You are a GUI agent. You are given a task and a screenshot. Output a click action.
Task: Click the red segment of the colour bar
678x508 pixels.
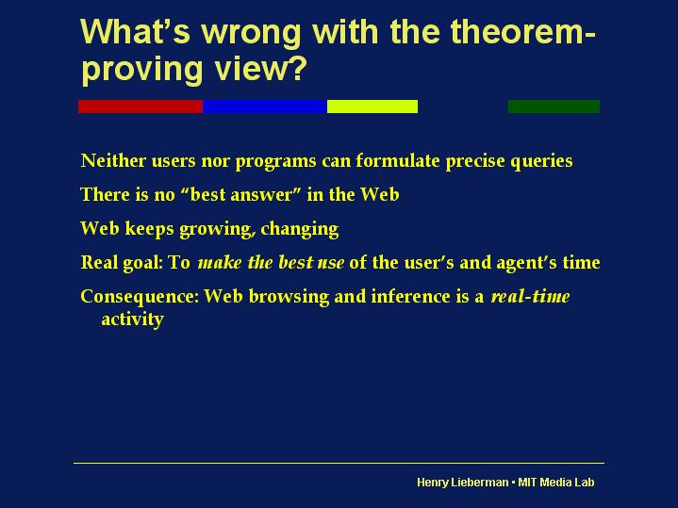coord(141,107)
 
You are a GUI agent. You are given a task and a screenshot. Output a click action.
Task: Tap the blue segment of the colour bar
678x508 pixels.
coord(265,107)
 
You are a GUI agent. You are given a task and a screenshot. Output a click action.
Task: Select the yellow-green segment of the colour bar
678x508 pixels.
coord(372,107)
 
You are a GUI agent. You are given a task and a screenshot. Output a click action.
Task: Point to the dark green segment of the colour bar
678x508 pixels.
coord(554,107)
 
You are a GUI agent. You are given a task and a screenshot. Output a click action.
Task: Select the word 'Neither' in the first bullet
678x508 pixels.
coord(113,160)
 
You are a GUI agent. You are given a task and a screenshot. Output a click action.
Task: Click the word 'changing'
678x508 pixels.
coord(300,229)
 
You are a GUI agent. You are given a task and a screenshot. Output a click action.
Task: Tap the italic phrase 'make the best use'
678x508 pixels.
coord(272,262)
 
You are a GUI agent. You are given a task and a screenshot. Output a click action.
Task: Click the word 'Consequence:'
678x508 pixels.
coord(140,297)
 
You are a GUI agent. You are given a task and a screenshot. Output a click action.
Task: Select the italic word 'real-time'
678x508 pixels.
coord(531,297)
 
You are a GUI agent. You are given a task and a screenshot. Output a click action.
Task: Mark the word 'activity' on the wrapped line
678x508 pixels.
coord(132,320)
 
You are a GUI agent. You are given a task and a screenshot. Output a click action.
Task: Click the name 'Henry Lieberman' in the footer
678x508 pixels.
coord(463,482)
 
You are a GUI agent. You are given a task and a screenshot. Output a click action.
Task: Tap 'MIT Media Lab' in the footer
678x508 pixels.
coord(556,482)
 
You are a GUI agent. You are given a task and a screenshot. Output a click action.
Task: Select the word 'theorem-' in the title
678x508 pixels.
coord(523,31)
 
